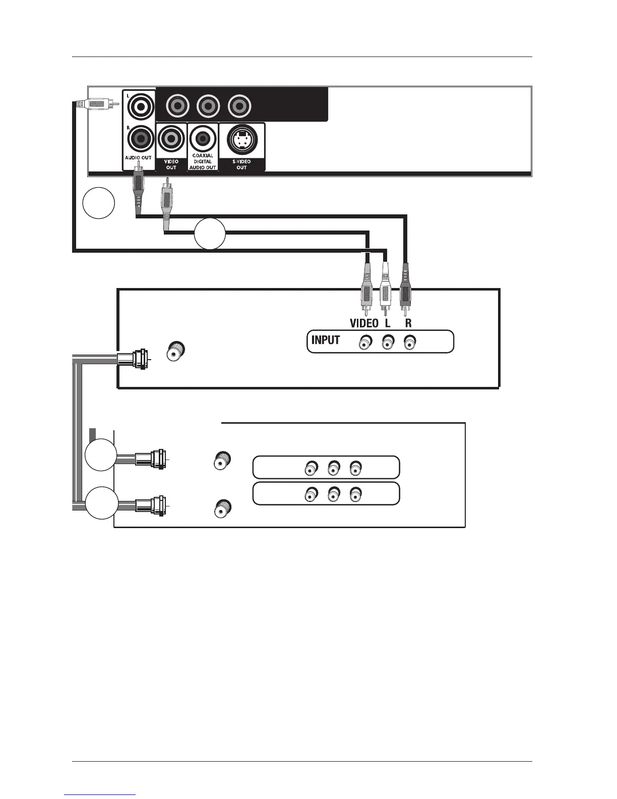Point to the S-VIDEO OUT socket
[242, 139]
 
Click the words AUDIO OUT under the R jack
[138, 158]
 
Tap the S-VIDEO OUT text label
[242, 164]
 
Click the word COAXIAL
[203, 156]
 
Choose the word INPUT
[326, 340]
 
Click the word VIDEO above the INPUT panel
[364, 323]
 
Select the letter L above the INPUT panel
[387, 323]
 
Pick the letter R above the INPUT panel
[408, 323]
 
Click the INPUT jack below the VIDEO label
[364, 344]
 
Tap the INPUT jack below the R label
[409, 344]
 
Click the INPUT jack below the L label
[387, 344]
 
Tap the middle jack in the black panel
[208, 106]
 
